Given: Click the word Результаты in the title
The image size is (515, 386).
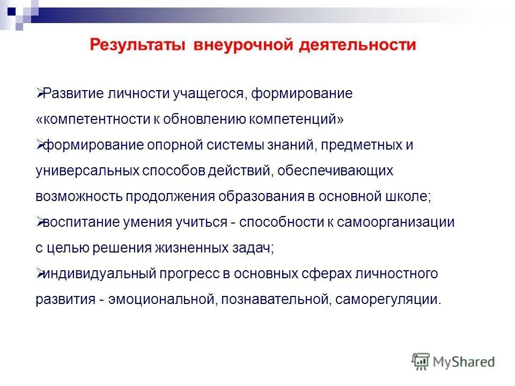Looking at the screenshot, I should pyautogui.click(x=136, y=44).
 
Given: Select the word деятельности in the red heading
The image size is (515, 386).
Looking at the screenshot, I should pyautogui.click(x=357, y=44).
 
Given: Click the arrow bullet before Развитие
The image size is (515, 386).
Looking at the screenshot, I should pyautogui.click(x=40, y=94).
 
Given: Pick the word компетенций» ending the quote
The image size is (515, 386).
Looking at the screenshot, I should pyautogui.click(x=297, y=120).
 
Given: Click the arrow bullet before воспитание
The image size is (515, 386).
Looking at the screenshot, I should pyautogui.click(x=40, y=222).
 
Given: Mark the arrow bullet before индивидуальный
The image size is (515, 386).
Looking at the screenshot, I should pyautogui.click(x=40, y=274).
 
